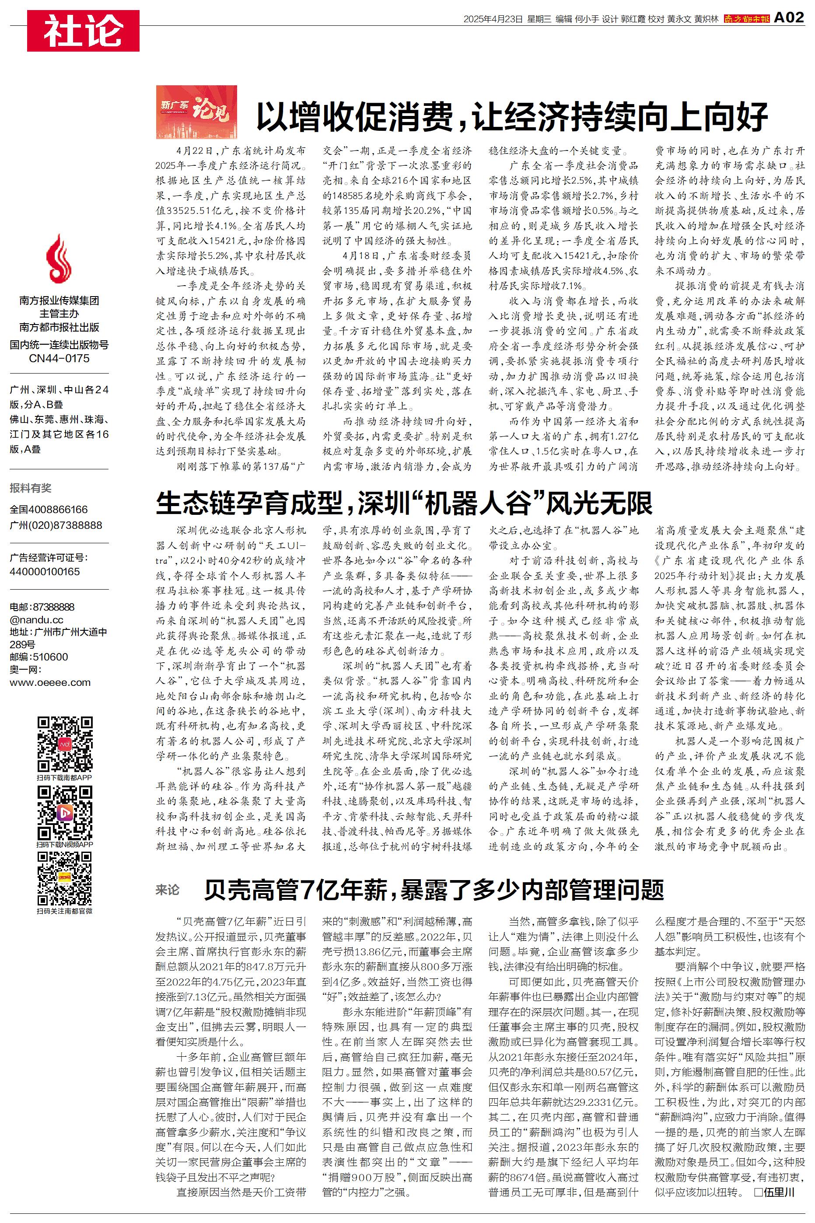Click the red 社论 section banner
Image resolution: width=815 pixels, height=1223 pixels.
click(x=83, y=31)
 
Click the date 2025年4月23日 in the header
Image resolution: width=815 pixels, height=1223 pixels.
click(x=493, y=19)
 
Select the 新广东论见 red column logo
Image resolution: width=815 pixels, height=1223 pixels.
click(x=196, y=112)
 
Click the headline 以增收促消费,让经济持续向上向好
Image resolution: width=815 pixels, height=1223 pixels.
click(x=512, y=116)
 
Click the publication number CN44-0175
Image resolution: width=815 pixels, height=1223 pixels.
click(x=59, y=359)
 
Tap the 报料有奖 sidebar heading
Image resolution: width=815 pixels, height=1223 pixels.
click(x=31, y=488)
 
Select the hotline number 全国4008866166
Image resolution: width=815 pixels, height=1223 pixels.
click(x=49, y=510)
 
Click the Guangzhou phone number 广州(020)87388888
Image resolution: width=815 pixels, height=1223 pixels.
click(x=56, y=525)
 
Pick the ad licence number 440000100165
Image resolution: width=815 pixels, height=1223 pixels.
click(x=45, y=572)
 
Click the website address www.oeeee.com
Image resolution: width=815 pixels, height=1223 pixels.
click(x=50, y=683)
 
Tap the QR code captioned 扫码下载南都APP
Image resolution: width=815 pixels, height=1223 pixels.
click(x=65, y=744)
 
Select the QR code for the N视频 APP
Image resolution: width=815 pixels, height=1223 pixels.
click(x=65, y=813)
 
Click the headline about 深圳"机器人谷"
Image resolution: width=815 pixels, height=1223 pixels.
click(x=404, y=503)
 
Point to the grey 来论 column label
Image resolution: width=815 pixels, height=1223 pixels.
click(x=168, y=890)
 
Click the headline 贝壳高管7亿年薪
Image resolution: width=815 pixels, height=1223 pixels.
click(x=434, y=890)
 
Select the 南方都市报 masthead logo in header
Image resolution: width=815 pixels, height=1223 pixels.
click(x=746, y=19)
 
